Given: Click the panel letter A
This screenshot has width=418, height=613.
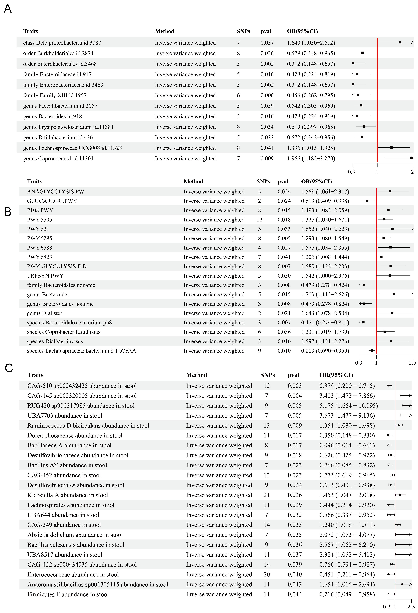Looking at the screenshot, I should [8, 9].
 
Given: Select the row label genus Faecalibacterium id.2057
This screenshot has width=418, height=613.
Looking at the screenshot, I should [60, 106].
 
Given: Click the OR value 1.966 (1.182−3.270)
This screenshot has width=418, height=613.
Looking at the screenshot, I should [311, 159].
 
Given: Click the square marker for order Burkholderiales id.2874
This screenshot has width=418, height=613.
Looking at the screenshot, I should [362, 53].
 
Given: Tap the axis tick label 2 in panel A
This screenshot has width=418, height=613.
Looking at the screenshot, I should [412, 172].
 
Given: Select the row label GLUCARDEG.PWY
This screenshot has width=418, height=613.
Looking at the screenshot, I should [52, 201].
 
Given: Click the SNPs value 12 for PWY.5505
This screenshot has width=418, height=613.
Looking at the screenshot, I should [259, 220].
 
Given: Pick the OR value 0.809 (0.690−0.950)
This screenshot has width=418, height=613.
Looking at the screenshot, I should [325, 351].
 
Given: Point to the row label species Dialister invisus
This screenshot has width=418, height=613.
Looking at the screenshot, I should [55, 341].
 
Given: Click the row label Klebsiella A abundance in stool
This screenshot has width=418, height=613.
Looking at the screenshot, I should [68, 495].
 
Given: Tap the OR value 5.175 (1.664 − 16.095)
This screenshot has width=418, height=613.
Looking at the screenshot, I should [348, 406].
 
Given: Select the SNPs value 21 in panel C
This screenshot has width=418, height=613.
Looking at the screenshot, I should [266, 495].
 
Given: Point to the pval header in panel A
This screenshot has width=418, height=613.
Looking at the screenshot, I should [266, 31].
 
